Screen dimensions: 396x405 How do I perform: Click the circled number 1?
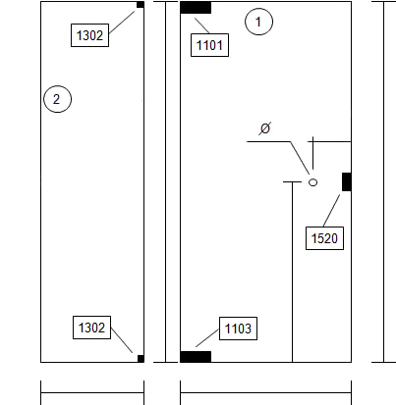pos(258,22)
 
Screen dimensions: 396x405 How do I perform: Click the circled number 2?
pos(57,99)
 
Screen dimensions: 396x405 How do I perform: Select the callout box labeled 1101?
pos(209,45)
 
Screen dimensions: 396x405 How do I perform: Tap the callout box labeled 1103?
pos(238,329)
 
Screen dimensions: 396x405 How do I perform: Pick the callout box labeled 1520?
pos(324,238)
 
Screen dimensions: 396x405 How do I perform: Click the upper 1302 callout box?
pos(89,35)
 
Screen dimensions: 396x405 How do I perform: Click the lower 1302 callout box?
pos(91,328)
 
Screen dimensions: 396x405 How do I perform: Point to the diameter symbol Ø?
pos(265,128)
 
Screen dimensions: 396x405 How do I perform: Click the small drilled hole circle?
pos(313,182)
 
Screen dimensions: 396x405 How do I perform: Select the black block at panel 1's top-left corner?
pos(196,8)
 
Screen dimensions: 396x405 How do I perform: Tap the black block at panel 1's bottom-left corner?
pos(196,357)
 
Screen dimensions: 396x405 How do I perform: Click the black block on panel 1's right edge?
pos(347,181)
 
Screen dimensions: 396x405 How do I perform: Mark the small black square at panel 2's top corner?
pos(141,5)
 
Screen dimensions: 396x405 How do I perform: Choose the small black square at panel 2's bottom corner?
pos(141,359)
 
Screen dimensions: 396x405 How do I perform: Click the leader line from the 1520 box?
pos(331,211)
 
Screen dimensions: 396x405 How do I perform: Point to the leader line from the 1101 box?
pos(202,25)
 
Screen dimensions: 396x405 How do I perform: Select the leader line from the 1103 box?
pos(207,337)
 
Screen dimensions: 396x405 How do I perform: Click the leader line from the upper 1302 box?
pos(122,23)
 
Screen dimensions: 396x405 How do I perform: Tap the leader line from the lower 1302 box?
pos(122,340)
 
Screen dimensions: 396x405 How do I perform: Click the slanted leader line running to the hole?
pos(300,158)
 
